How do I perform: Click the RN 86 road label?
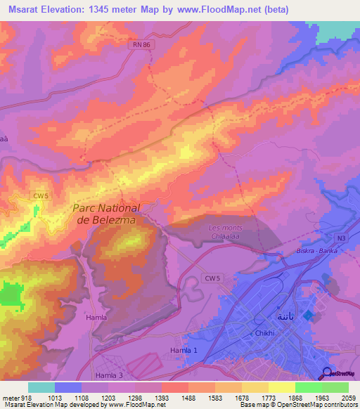pos(141,44)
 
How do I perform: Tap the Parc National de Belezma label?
pos(106,214)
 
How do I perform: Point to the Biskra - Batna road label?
pos(317,251)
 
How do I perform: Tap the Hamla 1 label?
pos(185,350)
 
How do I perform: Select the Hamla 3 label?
pos(110,376)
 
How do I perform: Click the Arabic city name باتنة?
pos(285,313)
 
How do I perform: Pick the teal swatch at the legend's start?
pos(41,387)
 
